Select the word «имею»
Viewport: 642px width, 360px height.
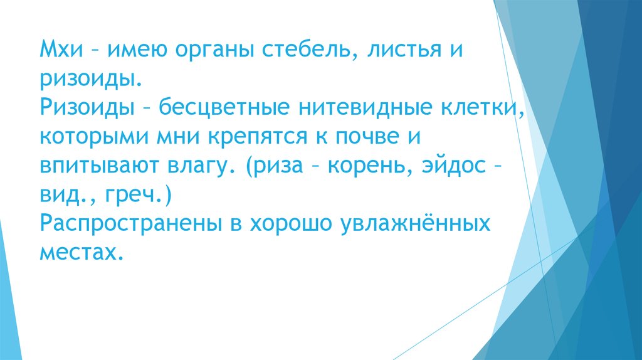(x=135, y=48)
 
